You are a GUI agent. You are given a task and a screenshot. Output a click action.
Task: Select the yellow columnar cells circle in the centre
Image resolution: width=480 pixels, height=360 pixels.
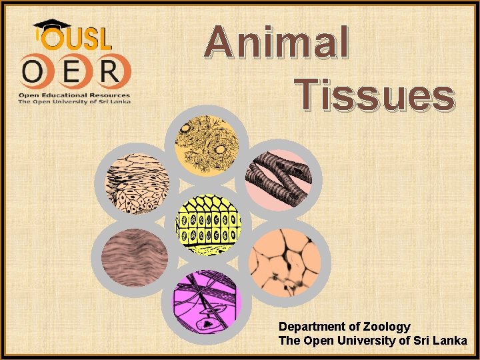pos(207,224)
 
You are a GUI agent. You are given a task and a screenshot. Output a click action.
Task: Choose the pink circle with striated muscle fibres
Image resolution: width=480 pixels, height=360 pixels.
pos(278,175)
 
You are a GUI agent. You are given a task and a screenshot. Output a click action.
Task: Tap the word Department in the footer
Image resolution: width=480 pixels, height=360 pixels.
pos(311,327)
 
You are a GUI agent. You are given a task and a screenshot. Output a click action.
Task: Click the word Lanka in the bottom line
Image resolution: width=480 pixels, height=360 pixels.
pos(449,341)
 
